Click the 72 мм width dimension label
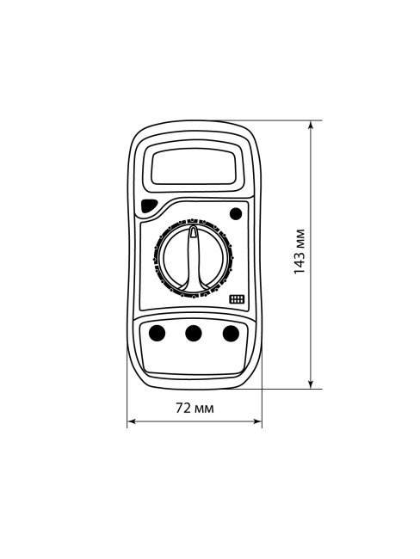(x=195, y=408)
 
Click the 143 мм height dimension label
(x=300, y=251)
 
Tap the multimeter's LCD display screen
(x=194, y=167)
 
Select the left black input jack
(x=157, y=334)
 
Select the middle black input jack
(x=194, y=334)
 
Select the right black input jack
(x=231, y=334)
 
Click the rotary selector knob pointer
(x=193, y=257)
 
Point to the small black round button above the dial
(x=236, y=214)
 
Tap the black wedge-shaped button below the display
(x=149, y=206)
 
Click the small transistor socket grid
(x=237, y=298)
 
